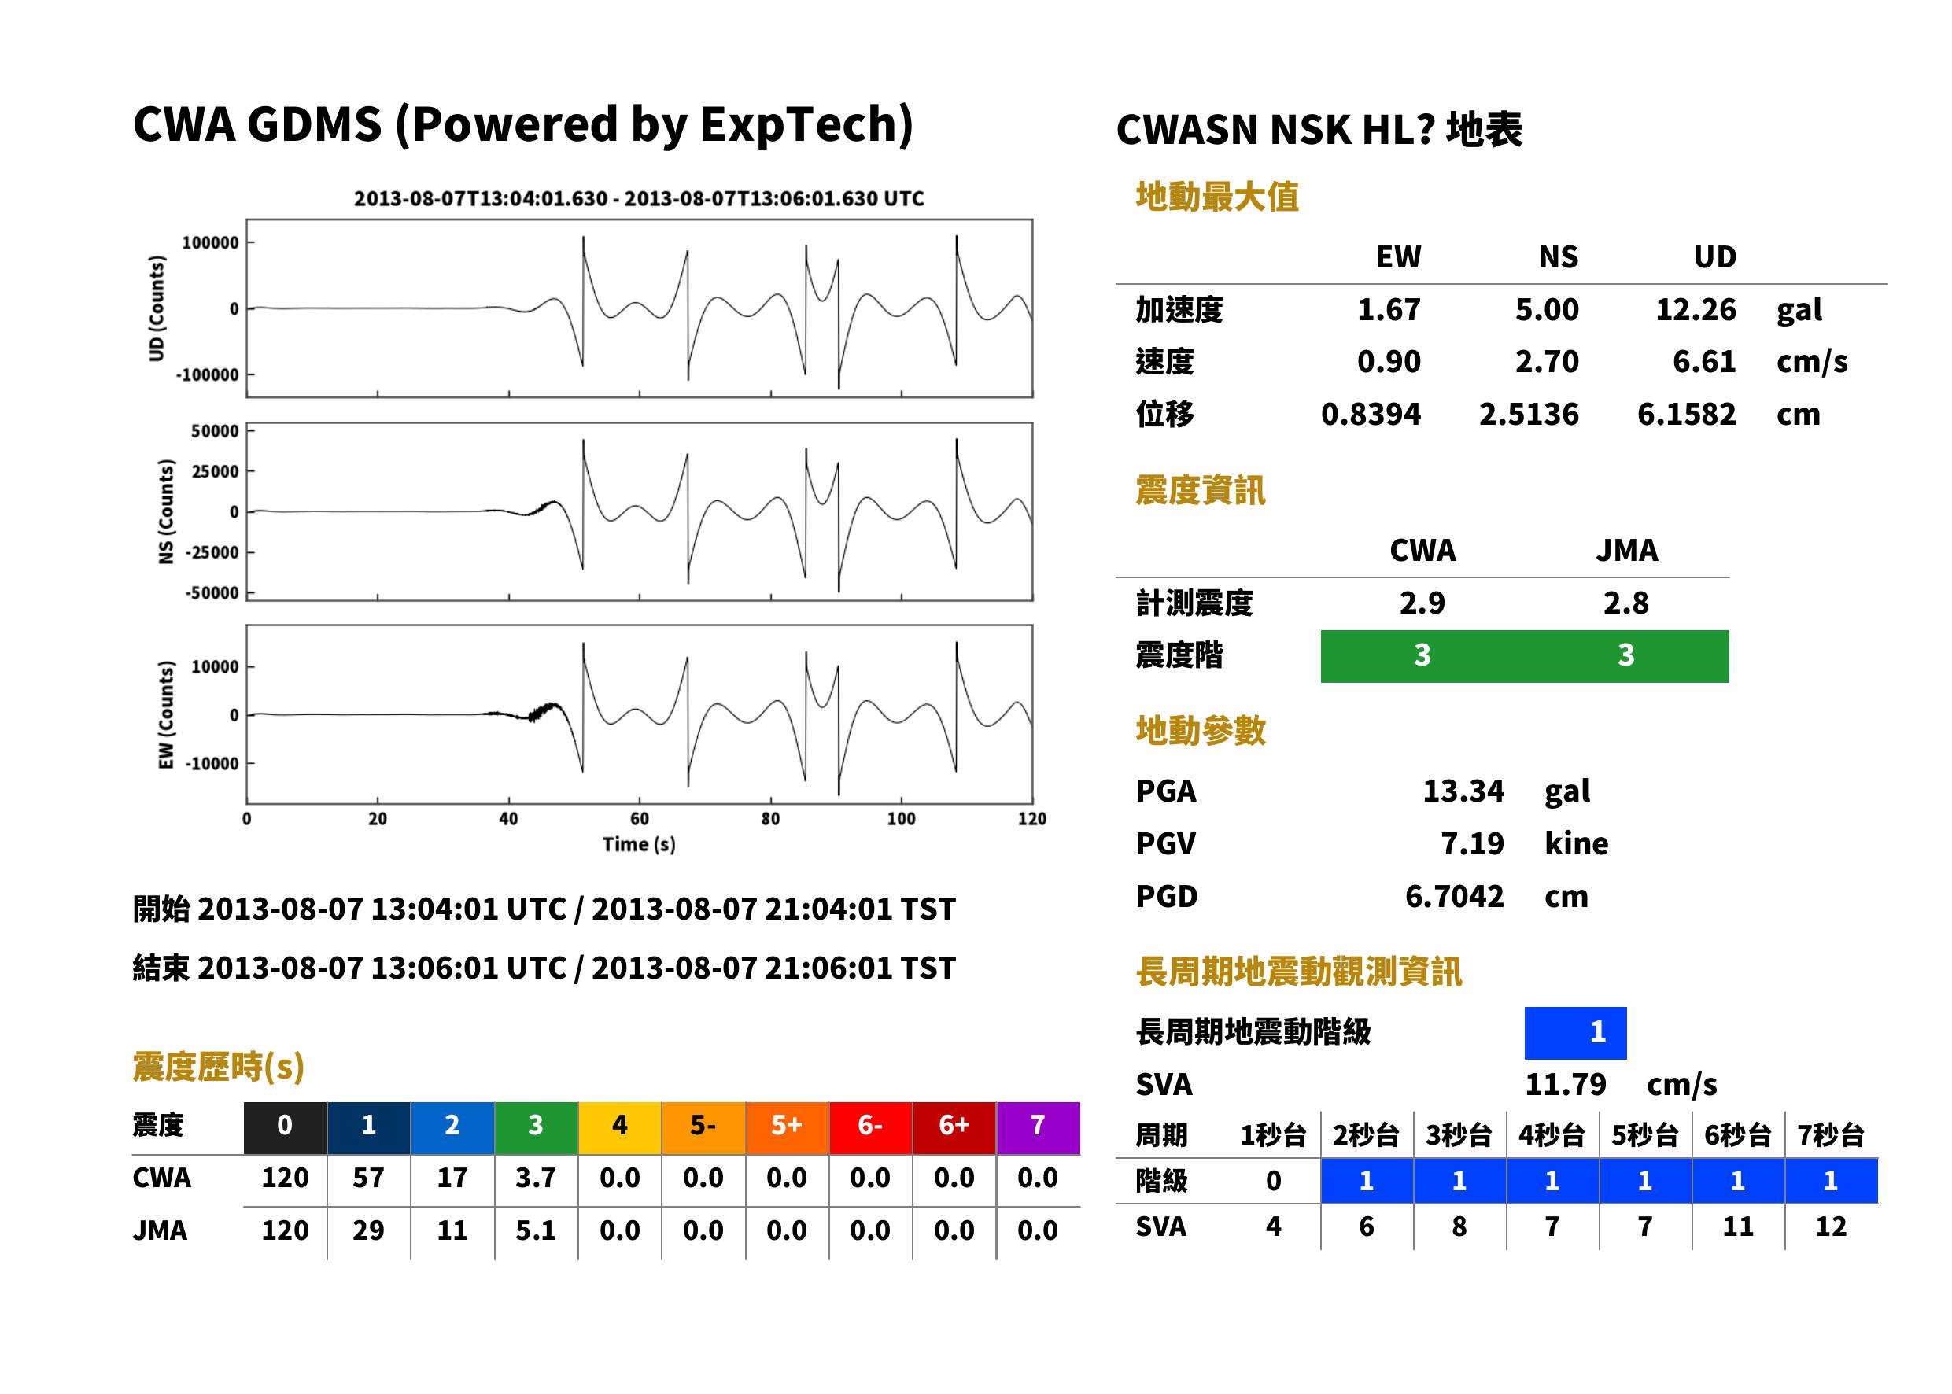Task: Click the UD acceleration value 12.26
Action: pos(1695,310)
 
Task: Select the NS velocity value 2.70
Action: pos(1546,361)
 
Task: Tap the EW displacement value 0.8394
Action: pos(1370,415)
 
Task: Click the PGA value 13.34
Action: pos(1463,791)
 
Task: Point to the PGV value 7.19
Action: pos(1472,844)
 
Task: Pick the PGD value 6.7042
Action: pos(1454,896)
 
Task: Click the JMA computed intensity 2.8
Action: pos(1625,603)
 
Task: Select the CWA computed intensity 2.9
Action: pos(1422,603)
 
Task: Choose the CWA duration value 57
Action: pos(368,1178)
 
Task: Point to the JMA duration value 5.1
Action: pos(536,1231)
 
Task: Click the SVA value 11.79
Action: pos(1565,1085)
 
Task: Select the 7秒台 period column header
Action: pos(1830,1136)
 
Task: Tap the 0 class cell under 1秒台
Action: pos(1273,1181)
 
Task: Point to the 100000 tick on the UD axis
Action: pos(210,243)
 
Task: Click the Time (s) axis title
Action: pos(639,845)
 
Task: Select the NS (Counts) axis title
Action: pos(167,511)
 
